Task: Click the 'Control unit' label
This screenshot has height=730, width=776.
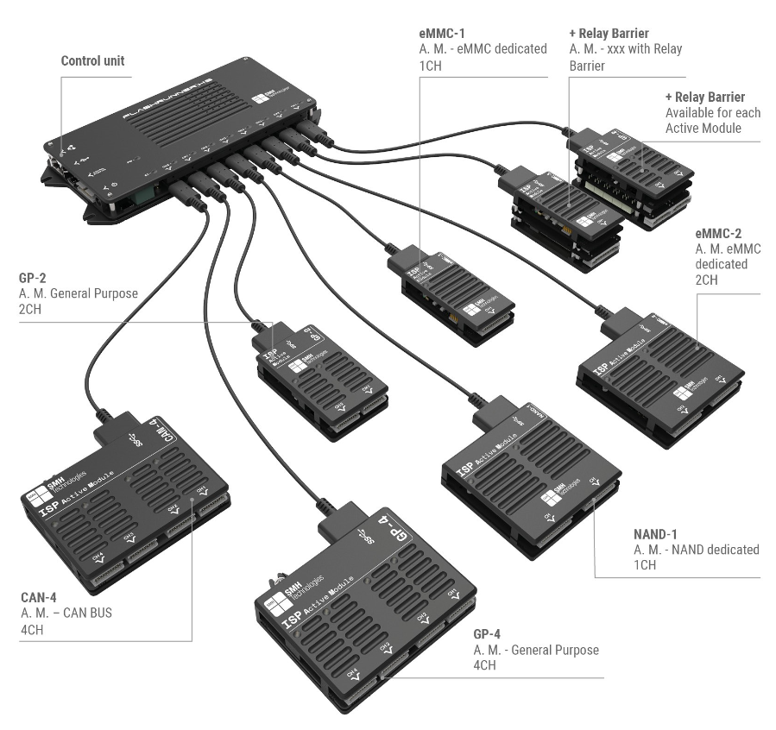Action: (x=92, y=61)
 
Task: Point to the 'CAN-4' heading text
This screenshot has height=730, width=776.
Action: (x=40, y=596)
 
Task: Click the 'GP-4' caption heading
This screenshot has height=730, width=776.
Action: (x=489, y=632)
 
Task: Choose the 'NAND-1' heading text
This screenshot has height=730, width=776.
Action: (x=659, y=532)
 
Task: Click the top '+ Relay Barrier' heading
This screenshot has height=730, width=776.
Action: (x=609, y=33)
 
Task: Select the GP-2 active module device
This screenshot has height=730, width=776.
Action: (x=319, y=380)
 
